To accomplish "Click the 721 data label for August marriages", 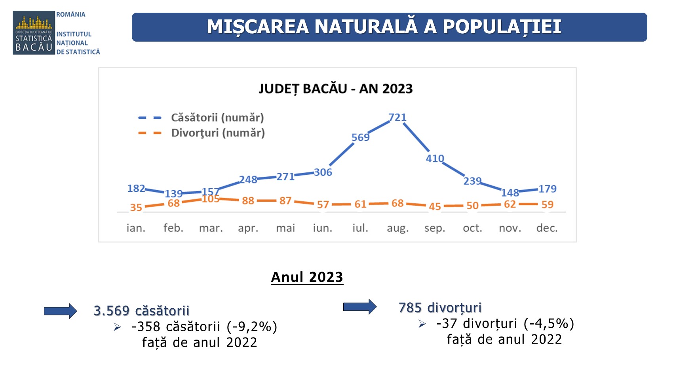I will coord(397,117).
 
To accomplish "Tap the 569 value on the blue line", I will coord(360,137).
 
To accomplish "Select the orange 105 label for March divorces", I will coord(211,199).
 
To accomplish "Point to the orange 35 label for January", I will coord(136,207).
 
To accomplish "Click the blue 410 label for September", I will coord(435,158).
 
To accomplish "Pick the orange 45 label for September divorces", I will coord(435,206).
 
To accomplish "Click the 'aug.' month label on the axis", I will coord(397,228).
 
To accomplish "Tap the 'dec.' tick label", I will coord(547,228).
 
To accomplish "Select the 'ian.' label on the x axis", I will coord(136,228).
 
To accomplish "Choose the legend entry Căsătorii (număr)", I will coord(217,118).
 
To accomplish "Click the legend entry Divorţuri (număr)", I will coord(218,133).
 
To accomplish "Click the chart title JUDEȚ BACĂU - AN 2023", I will coord(336,89).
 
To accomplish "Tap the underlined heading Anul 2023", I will coord(307,277).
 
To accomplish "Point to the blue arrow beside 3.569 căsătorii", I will coord(60,311).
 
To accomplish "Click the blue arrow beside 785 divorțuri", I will coord(359,307).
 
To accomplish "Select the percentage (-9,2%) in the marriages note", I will coord(252,327).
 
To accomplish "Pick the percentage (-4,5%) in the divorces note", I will coord(549,323).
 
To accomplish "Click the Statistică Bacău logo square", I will coord(34,33).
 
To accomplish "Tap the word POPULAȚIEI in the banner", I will coord(502,27).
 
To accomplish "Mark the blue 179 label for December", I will coord(547,189).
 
